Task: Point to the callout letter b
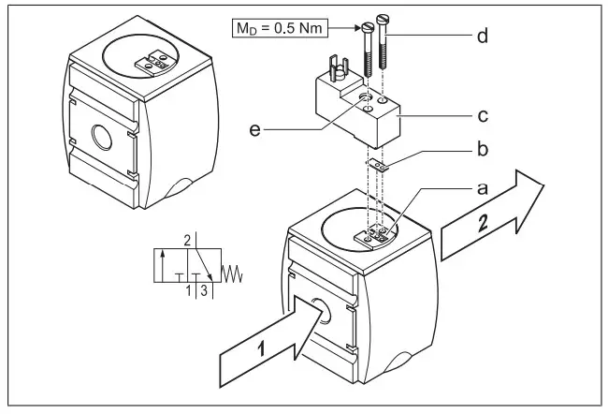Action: (484, 149)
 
